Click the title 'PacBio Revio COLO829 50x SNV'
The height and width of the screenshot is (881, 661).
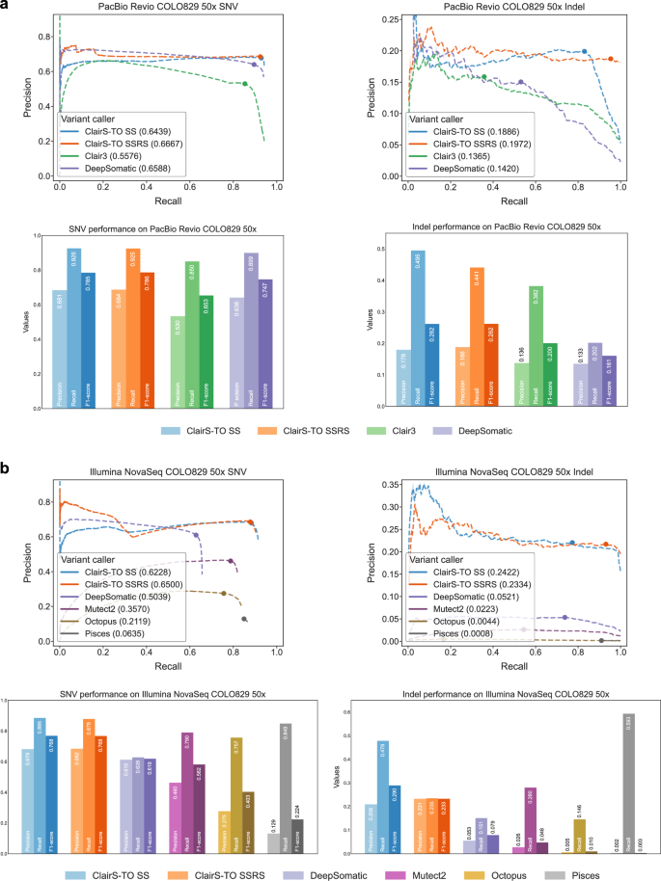(x=159, y=7)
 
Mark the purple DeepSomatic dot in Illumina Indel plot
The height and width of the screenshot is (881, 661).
(x=565, y=617)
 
